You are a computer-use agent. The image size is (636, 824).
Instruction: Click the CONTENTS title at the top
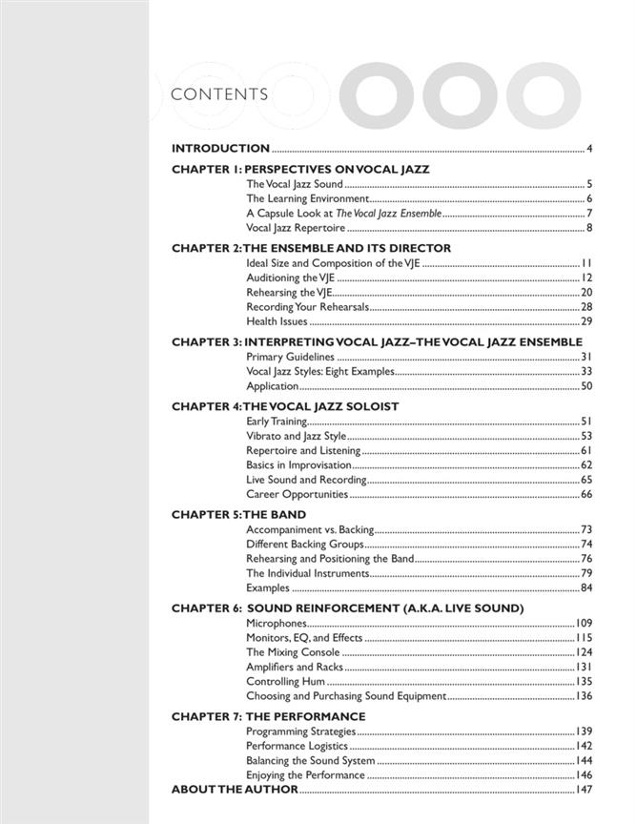point(218,94)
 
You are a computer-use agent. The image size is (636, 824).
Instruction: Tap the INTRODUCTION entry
point(220,149)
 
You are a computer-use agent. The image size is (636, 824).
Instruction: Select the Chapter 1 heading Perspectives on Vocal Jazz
point(300,170)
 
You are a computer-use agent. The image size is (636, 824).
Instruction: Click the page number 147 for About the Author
point(584,791)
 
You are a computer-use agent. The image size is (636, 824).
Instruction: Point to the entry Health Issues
point(277,321)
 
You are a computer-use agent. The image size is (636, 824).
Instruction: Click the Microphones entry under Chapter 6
point(277,623)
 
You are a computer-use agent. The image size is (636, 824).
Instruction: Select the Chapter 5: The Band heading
point(225,514)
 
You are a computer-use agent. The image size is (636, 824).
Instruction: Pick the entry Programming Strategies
point(300,731)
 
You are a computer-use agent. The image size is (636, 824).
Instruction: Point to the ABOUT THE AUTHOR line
point(235,791)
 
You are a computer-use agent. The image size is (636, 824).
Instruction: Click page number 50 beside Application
point(586,386)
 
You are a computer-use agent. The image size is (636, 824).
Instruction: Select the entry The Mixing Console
point(293,652)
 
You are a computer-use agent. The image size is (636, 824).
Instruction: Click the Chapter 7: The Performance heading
point(268,716)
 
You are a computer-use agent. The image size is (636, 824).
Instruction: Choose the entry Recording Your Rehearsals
point(306,307)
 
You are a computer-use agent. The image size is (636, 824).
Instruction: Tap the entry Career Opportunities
point(297,495)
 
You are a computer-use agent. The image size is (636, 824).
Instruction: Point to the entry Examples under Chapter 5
point(268,587)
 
